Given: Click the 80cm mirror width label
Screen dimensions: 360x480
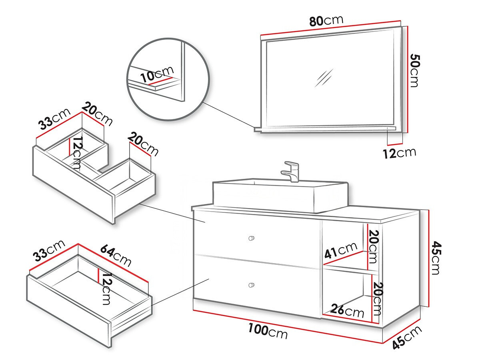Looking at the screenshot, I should pos(326,21).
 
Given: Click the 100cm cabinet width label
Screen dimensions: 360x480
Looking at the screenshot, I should pos(268,331).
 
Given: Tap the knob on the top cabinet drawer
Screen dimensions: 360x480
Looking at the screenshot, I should pos(251,238).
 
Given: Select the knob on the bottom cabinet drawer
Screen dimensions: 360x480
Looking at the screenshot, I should pos(251,285).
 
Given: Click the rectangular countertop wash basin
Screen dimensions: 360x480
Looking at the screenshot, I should pos(280,196).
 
